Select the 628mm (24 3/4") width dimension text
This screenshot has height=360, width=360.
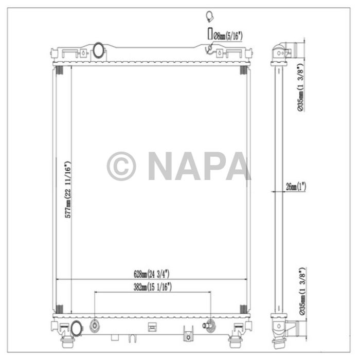click(x=152, y=273)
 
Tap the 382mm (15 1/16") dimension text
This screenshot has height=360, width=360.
click(x=152, y=287)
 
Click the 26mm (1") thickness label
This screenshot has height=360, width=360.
click(x=296, y=188)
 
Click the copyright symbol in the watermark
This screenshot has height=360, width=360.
click(x=121, y=166)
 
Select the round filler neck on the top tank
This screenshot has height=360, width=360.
click(x=98, y=50)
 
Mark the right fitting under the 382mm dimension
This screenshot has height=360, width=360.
click(x=209, y=325)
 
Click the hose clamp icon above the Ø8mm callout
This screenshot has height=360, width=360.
click(x=209, y=16)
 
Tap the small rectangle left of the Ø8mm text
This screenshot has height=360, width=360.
click(x=209, y=34)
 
